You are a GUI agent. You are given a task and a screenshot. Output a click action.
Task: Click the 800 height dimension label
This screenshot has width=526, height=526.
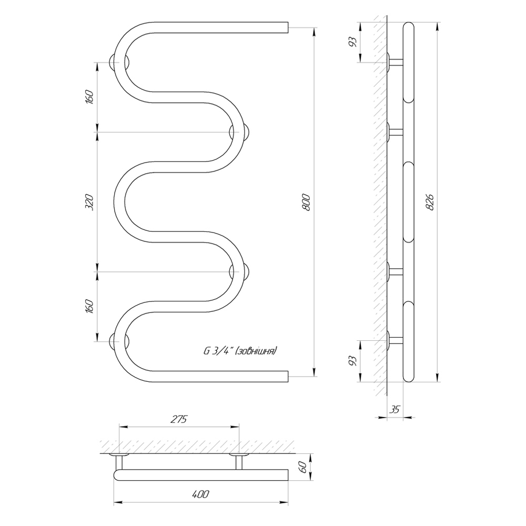pyautogui.click(x=307, y=202)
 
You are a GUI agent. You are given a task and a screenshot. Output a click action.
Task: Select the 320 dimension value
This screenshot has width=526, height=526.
pyautogui.click(x=89, y=202)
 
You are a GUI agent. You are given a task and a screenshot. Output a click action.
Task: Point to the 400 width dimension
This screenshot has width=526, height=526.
pyautogui.click(x=200, y=494)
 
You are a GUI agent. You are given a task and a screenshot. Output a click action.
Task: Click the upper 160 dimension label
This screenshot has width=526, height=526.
pyautogui.click(x=89, y=97)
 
